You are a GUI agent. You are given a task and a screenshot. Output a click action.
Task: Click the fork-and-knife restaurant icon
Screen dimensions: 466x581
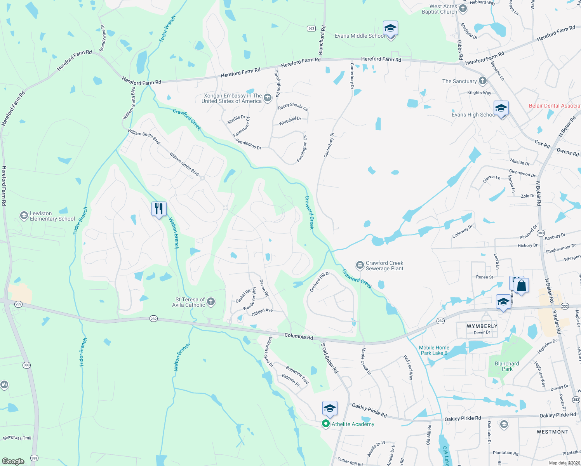click(x=159, y=209)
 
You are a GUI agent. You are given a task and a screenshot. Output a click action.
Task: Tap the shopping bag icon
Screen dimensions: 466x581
click(x=521, y=286)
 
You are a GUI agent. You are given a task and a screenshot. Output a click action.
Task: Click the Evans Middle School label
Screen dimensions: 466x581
click(x=360, y=36)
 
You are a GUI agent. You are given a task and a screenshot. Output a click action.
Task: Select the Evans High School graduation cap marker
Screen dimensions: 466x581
click(x=501, y=108)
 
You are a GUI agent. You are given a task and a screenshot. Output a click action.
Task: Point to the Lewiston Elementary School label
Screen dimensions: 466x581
click(x=52, y=216)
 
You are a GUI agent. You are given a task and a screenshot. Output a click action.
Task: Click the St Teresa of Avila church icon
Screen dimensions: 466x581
click(x=211, y=302)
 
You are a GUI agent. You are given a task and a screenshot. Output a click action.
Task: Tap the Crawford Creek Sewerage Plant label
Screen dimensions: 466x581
click(x=384, y=266)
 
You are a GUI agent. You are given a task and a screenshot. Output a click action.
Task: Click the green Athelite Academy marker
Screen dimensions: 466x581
click(x=326, y=424)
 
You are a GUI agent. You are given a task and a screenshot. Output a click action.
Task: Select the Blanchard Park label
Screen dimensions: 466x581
click(x=507, y=366)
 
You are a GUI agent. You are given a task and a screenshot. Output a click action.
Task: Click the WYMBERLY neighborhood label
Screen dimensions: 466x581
click(x=482, y=326)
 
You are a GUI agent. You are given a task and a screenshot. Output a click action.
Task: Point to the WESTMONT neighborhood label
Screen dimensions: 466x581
click(x=552, y=432)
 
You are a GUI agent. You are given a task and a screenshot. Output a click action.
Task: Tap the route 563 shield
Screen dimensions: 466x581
click(x=311, y=28)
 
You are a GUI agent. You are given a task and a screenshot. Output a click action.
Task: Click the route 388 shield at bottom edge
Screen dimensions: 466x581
click(x=34, y=458)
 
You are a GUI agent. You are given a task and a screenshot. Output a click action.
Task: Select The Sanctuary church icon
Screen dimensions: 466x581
click(x=483, y=81)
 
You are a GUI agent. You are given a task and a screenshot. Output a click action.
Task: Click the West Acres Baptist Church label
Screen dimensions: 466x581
click(x=439, y=9)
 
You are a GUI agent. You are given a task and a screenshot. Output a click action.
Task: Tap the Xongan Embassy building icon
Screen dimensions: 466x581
click(x=267, y=98)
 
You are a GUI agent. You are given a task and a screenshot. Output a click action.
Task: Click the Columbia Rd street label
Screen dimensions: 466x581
click(x=299, y=336)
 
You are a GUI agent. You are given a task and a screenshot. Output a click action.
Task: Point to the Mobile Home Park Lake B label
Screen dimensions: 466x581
click(x=434, y=350)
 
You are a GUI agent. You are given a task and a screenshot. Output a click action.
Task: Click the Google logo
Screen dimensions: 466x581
click(x=13, y=461)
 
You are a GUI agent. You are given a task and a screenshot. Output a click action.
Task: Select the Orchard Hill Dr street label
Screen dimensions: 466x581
click(x=320, y=282)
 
